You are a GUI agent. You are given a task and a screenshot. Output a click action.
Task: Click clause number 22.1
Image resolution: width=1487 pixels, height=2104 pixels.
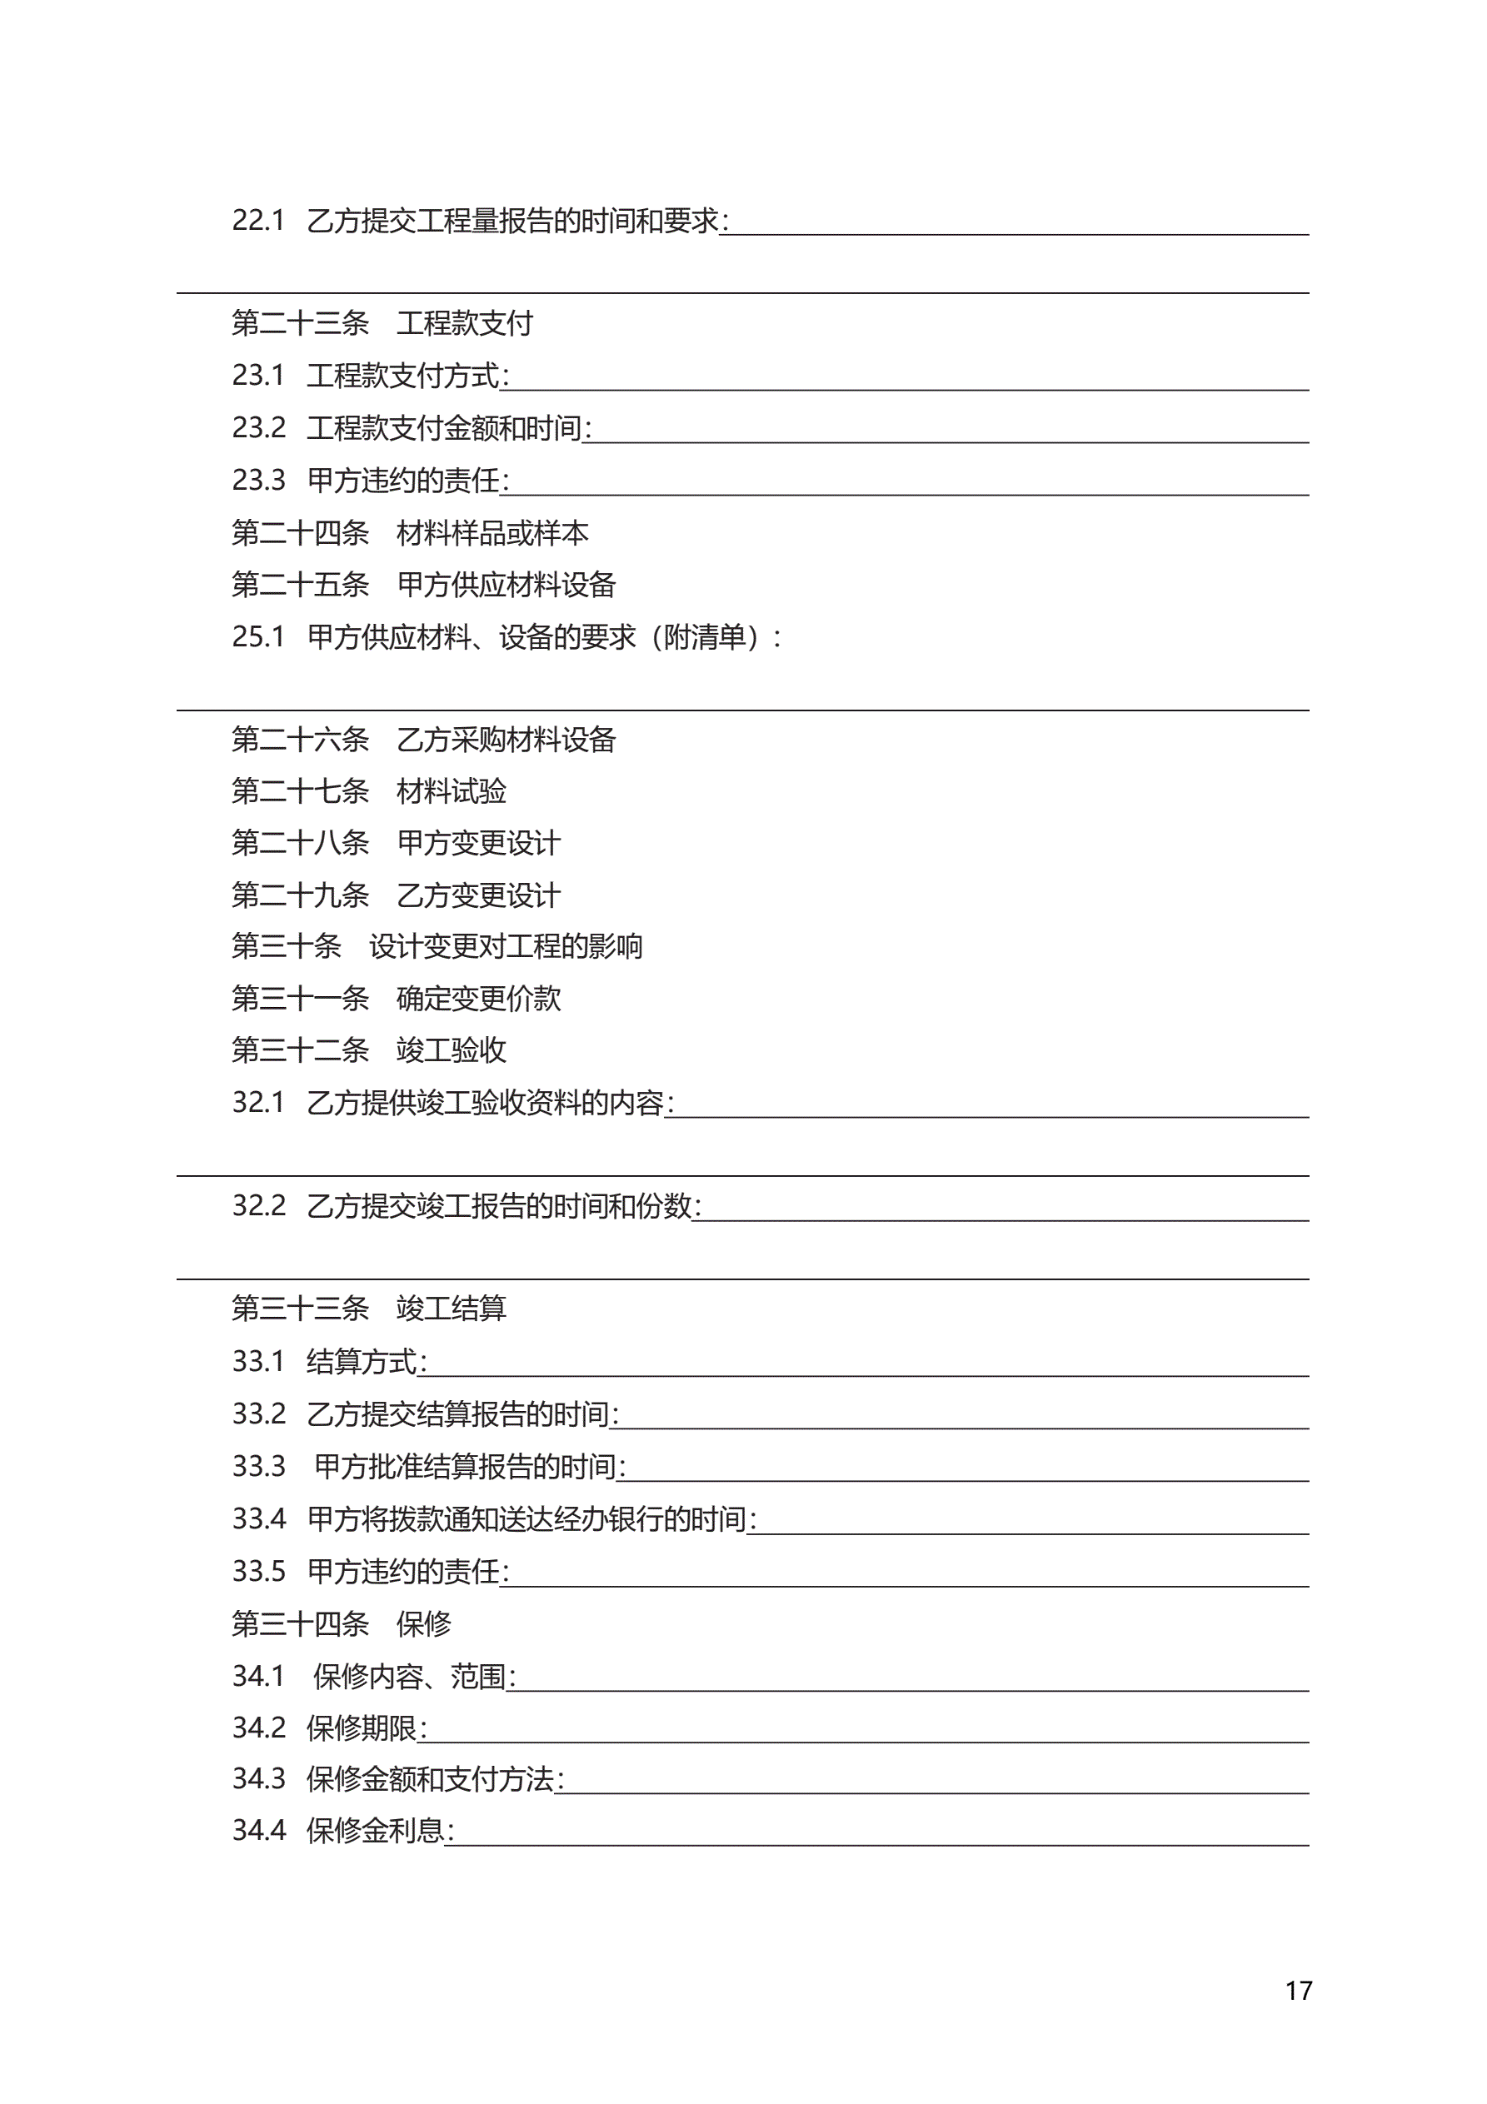coord(257,221)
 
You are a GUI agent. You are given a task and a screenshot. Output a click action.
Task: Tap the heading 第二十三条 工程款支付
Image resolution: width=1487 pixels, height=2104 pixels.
coord(382,322)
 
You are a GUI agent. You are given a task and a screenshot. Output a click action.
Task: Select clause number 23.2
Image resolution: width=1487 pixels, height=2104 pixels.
coord(258,428)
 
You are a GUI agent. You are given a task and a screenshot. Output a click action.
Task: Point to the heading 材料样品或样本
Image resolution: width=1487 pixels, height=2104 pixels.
coord(492,532)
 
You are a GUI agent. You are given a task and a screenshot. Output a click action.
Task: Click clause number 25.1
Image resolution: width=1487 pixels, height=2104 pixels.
coord(257,637)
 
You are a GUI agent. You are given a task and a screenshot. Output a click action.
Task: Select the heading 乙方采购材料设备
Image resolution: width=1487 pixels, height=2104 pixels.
coord(506,740)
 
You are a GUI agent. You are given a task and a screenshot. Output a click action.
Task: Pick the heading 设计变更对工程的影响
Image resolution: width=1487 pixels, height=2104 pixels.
coord(505,945)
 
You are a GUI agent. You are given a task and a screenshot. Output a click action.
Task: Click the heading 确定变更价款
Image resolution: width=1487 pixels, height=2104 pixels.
coord(477,998)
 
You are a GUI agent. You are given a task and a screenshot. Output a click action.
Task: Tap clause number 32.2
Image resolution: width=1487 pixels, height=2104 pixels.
coord(258,1206)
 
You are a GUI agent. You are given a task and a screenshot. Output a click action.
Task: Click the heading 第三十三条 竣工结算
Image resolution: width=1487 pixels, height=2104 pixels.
coord(368,1309)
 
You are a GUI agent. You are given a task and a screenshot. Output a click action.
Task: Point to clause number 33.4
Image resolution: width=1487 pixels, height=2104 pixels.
coord(258,1519)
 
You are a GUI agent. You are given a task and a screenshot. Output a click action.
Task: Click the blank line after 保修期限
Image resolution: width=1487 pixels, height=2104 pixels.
coord(866,1738)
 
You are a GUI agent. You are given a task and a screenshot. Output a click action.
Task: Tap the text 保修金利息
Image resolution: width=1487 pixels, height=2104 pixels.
coord(375,1831)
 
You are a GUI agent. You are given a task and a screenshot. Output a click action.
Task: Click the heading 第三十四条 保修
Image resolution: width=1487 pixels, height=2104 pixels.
coord(341,1624)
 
